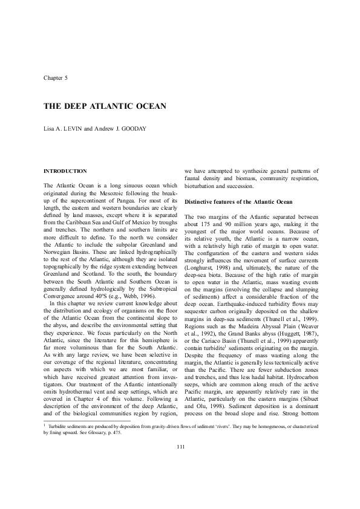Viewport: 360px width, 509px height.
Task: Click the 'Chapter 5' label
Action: pos(56,79)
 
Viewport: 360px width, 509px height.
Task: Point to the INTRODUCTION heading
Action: pos(65,171)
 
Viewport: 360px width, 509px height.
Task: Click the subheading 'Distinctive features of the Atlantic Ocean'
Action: pos(238,201)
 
